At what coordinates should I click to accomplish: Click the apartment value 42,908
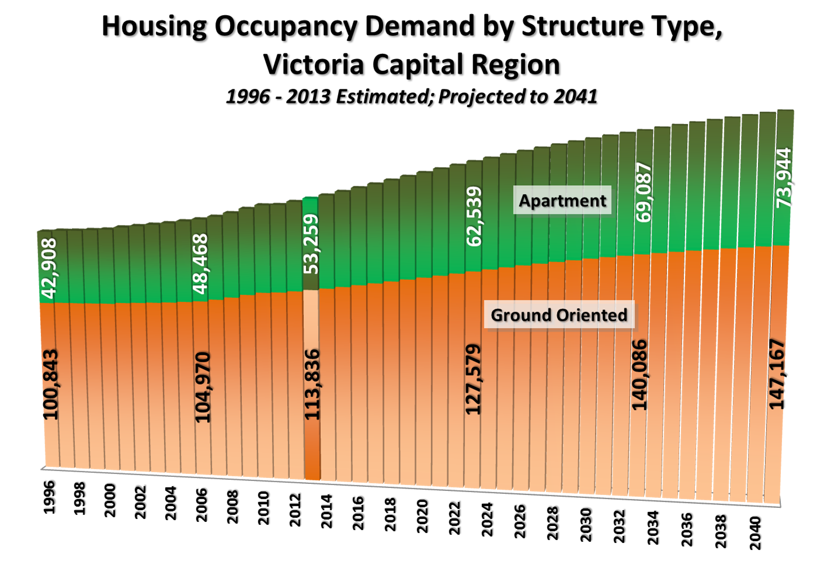coord(49,268)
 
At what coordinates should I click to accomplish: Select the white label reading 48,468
coord(200,264)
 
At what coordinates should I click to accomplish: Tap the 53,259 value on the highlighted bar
coord(312,244)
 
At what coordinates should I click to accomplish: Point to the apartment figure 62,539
coord(474,216)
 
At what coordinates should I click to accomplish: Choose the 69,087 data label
coord(644,192)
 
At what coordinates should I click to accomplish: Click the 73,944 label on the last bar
coord(784,178)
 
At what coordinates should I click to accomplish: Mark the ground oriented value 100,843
coord(51,384)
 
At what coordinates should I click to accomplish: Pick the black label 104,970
coord(202,387)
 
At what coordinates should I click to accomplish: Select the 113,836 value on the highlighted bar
coord(312,384)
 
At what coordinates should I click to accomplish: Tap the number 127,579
coord(473,379)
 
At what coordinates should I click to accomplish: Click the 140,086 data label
coord(640,375)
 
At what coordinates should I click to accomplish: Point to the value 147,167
coord(777,373)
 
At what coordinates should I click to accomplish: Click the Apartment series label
coord(562,200)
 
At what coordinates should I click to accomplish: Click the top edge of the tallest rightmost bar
coord(785,111)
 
